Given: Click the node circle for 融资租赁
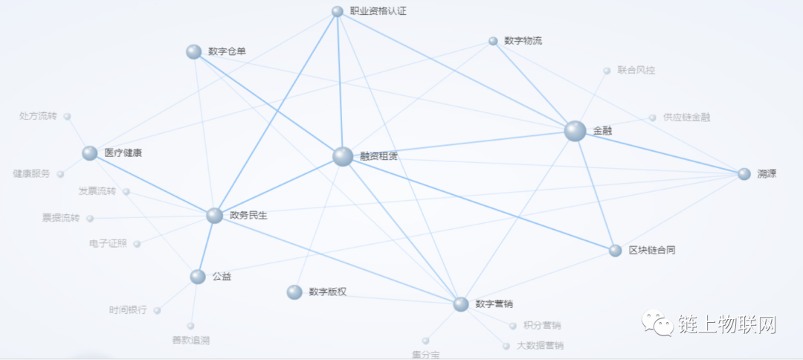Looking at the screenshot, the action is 342,156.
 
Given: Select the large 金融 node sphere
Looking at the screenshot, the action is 575,131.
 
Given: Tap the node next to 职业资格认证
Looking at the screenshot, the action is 337,11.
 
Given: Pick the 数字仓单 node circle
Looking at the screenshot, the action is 194,51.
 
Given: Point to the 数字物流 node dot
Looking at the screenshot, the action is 493,41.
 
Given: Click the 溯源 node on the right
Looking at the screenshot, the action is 744,174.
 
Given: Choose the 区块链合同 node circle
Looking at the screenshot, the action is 615,251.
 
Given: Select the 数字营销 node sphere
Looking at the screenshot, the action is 461,303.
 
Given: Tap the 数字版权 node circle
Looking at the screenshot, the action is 294,292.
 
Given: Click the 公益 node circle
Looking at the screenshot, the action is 197,277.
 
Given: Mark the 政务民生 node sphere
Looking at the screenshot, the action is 214,216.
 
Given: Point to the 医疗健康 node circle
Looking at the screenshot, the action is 90,153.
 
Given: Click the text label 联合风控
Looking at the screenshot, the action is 636,71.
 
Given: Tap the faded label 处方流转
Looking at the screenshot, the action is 38,116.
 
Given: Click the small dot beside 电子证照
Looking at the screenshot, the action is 137,243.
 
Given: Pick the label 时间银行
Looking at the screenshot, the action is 128,310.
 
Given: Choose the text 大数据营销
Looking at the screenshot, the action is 540,346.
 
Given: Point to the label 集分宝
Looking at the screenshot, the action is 426,354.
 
